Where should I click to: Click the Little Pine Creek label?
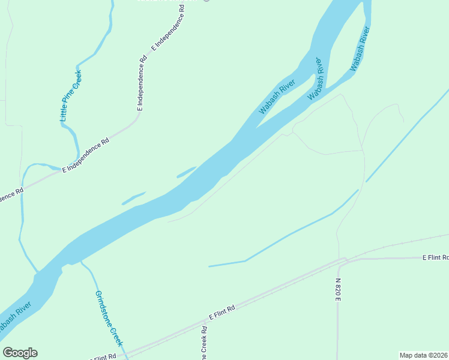point(71,97)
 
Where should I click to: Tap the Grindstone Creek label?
point(109,318)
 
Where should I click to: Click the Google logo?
point(20,353)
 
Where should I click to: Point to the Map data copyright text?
point(424,355)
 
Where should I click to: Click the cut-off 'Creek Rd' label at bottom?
point(204,344)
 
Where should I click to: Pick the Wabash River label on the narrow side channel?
point(358,50)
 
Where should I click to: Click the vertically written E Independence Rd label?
point(142,84)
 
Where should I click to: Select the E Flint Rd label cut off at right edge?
point(435,257)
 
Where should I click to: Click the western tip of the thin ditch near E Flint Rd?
point(209,266)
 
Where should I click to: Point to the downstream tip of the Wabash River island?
point(258,127)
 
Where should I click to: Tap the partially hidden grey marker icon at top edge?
point(206,1)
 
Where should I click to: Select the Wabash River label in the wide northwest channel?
point(277,96)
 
